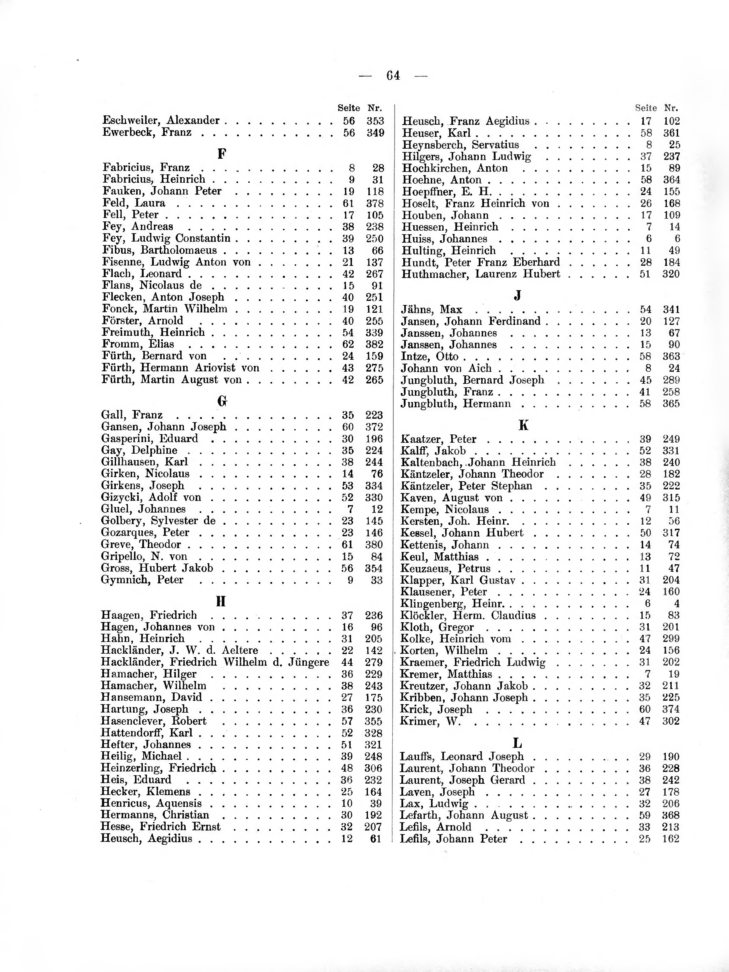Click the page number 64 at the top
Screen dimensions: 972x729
coord(393,76)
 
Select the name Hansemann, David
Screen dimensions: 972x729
coord(151,697)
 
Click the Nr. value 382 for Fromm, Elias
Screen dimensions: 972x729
coord(375,344)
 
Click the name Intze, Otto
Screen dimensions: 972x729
coord(430,356)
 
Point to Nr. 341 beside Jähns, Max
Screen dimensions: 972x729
coord(671,309)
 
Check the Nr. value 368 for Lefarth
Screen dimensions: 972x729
coord(671,815)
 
